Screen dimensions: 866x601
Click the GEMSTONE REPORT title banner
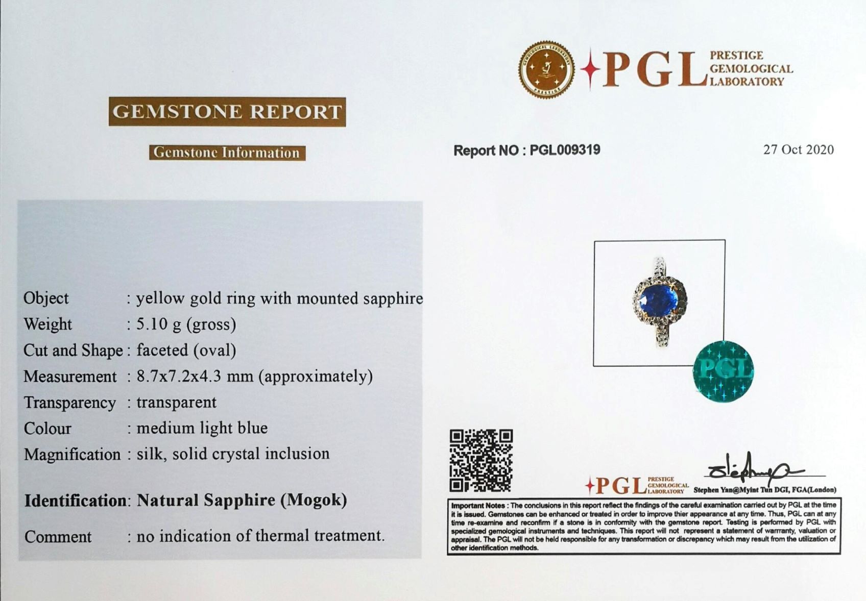coord(227,112)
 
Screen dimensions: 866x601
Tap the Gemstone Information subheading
coord(227,153)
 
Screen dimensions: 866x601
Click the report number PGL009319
coord(565,150)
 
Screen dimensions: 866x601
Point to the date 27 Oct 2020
coord(799,149)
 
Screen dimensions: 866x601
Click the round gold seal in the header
coord(546,69)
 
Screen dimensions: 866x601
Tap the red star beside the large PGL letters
coord(590,69)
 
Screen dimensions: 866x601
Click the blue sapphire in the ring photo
coord(658,299)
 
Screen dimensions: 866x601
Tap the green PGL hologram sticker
coord(723,371)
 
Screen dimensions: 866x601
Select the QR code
coord(481,460)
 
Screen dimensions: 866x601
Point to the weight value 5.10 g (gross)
coord(186,324)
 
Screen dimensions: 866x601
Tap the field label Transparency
coord(69,403)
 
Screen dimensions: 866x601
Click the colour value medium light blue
coord(202,428)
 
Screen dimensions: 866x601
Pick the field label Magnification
coord(73,455)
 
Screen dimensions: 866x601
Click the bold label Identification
coord(75,501)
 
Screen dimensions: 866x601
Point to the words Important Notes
coord(478,506)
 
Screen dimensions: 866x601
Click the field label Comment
coord(58,537)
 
